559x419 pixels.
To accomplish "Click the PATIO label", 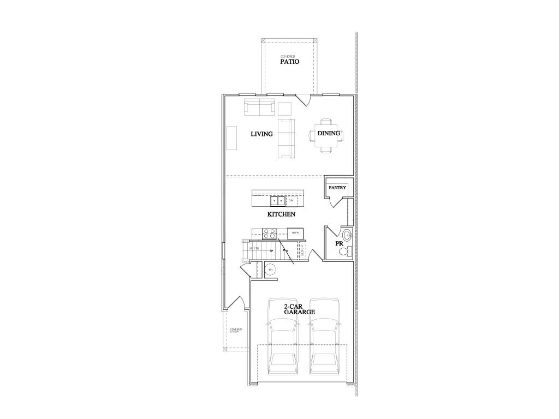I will [289, 62].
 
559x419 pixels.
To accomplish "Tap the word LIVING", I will [261, 134].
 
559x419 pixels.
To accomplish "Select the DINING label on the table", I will [329, 133].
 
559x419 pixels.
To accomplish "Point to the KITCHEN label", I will [281, 214].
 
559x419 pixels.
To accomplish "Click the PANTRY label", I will [337, 188].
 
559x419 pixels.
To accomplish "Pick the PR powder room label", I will [338, 243].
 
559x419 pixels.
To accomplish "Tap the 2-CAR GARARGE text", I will [299, 309].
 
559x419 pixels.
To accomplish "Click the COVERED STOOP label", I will [235, 330].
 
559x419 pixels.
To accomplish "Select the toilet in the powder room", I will [344, 252].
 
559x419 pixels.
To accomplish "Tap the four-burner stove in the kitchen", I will [270, 234].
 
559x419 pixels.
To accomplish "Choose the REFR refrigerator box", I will [295, 233].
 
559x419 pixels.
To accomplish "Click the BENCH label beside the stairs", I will [302, 251].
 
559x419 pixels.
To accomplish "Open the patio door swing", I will [304, 99].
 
